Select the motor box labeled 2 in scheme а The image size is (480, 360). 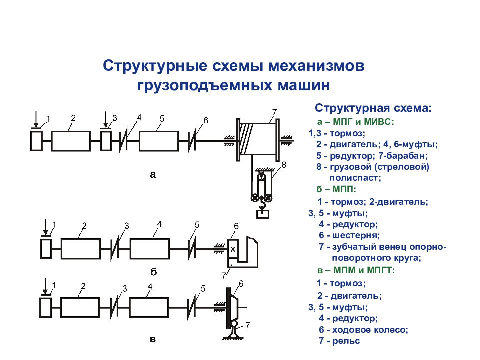71,141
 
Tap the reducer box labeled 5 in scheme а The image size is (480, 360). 158,141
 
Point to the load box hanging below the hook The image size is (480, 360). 262,214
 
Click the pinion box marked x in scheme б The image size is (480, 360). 233,248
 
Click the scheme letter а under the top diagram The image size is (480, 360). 153,174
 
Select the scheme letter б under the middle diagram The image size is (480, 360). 153,272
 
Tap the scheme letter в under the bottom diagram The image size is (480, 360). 153,340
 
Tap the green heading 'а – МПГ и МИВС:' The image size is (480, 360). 355,121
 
